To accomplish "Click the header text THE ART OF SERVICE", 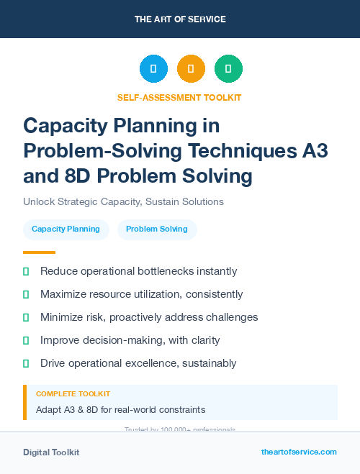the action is pos(180,19).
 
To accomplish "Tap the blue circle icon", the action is pos(153,69).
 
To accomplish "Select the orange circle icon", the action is pos(191,69).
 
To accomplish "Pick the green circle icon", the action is pos(228,69).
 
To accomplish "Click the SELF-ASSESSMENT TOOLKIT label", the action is pos(180,97).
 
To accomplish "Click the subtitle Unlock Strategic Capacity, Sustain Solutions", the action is pos(123,201).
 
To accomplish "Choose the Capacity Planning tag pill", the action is pos(66,229).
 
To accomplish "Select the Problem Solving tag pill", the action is pos(157,229).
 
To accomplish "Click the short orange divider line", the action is pos(39,252).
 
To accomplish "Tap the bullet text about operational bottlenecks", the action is pos(138,271).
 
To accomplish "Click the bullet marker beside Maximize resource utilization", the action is pos(26,294).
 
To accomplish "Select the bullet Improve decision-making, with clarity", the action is pos(130,340).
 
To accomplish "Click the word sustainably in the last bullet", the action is pos(210,363).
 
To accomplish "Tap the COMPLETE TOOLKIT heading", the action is pos(73,394).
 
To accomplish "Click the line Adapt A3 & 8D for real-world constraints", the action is pos(120,410).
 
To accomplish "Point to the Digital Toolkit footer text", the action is pos(51,452).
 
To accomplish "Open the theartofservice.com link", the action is pos(299,452).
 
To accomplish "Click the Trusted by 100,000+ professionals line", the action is pos(180,429).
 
